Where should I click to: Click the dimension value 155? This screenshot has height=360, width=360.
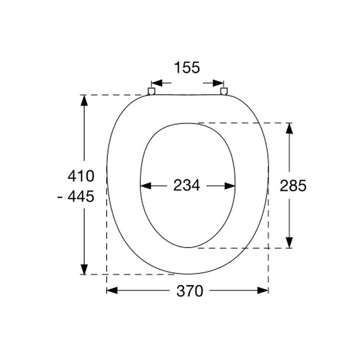point(187,68)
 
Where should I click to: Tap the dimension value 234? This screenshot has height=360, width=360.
point(187,186)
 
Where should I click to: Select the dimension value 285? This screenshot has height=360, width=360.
point(293,186)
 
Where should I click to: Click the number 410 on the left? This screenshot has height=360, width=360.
point(81,176)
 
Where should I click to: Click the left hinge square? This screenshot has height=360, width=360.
point(151,91)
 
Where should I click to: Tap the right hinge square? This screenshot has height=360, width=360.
point(224,91)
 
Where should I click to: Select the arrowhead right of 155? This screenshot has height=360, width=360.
point(218,83)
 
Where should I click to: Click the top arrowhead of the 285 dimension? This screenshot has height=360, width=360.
point(289,129)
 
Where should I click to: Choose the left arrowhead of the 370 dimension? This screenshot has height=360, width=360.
point(112,290)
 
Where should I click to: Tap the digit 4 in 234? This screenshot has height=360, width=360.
point(196,186)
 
